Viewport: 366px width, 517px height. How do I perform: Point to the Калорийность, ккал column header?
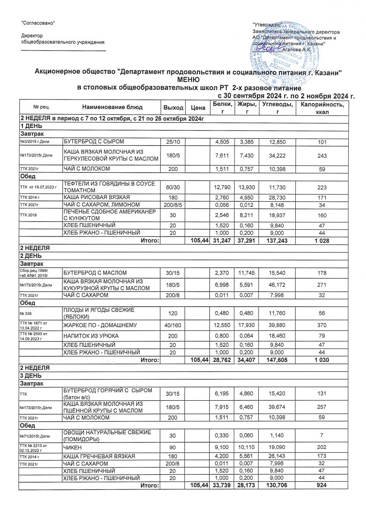[322, 107]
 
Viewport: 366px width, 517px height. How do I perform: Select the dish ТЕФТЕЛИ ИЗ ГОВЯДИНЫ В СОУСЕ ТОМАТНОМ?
[108, 187]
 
